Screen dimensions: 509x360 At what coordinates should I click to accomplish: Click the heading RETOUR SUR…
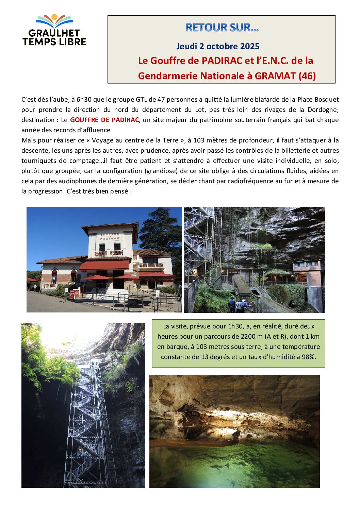coord(222,28)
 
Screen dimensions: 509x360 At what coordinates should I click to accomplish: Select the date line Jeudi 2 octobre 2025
coord(218,46)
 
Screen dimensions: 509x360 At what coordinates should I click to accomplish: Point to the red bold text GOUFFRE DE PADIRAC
coord(104,120)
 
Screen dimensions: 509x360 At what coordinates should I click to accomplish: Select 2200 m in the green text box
coord(251,336)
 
